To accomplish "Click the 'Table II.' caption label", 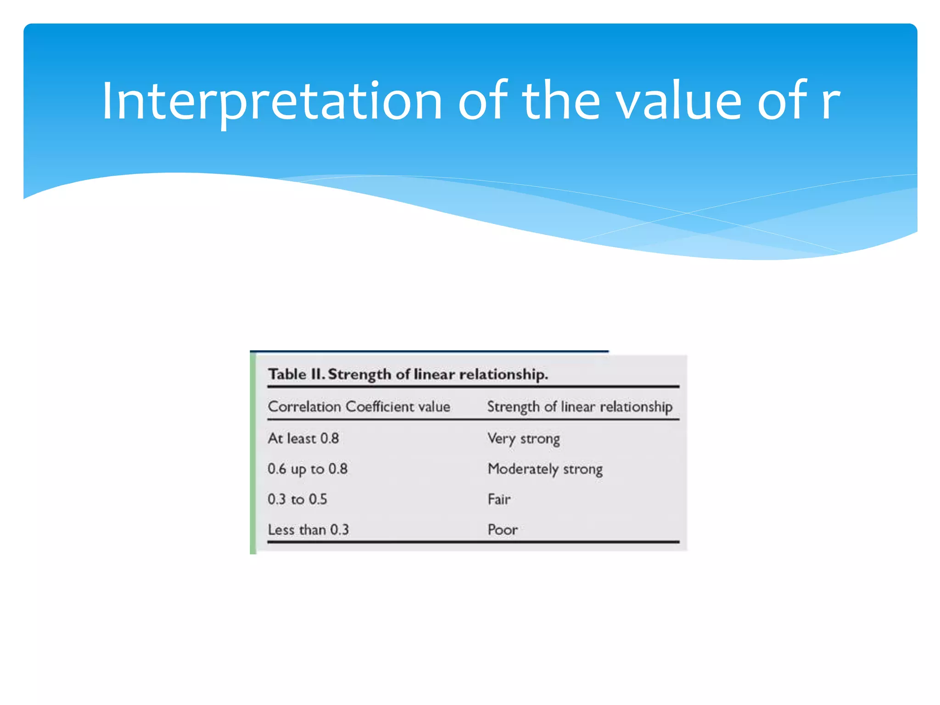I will (x=297, y=374).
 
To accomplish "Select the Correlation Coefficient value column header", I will (x=359, y=407).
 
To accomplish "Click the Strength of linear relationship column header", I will (x=579, y=407).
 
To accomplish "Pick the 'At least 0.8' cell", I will (x=303, y=438).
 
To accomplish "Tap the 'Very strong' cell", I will (x=523, y=439).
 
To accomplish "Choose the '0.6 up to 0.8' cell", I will (x=308, y=469).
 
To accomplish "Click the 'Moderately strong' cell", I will (x=545, y=469).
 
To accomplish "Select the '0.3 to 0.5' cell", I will (x=297, y=499).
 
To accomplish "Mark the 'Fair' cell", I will (x=499, y=499).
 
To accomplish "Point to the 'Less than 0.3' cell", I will (x=308, y=530).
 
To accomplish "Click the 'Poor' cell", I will (x=503, y=530).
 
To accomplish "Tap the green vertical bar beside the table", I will (x=253, y=454).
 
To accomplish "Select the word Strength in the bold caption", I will (x=360, y=375).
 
